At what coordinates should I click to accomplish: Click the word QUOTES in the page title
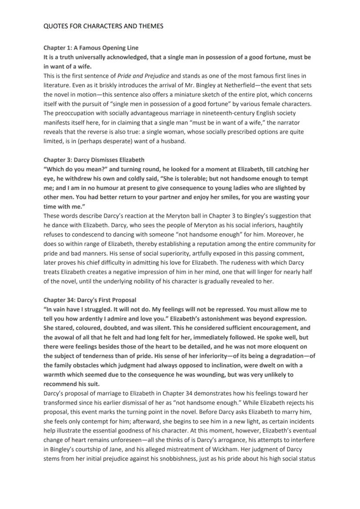click(x=55, y=26)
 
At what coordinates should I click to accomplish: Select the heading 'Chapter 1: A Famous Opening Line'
click(x=91, y=47)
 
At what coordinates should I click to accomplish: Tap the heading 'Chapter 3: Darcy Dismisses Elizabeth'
click(x=94, y=160)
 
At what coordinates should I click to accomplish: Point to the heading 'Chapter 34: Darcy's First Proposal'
click(x=90, y=300)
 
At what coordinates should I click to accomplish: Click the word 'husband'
click(x=173, y=141)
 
